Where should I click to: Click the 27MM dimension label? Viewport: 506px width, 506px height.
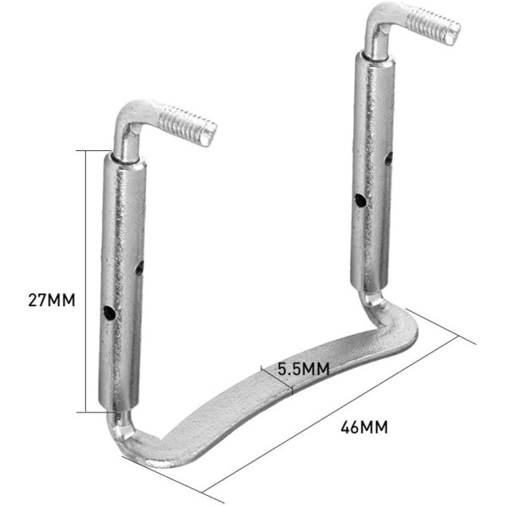51,299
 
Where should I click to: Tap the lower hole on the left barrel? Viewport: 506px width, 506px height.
109,312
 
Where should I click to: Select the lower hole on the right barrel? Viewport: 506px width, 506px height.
359,202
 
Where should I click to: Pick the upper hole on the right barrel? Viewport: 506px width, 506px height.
389,157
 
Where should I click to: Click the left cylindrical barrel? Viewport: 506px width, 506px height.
123,278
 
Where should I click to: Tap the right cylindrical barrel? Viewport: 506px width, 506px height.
372,169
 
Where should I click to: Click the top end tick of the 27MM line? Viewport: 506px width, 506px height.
92,150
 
